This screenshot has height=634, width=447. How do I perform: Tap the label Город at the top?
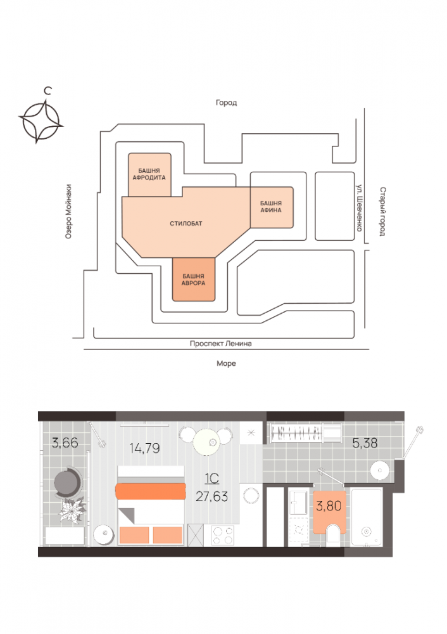226,103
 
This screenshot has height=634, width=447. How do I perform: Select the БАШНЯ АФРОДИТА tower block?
149,174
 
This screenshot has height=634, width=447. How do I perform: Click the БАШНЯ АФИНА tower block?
271,207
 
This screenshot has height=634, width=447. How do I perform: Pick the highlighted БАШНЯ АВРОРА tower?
194,280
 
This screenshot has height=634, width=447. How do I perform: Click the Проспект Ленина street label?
221,344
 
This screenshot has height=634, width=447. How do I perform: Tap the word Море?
226,364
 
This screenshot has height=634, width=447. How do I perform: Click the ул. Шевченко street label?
358,207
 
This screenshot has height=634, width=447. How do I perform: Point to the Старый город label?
382,211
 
